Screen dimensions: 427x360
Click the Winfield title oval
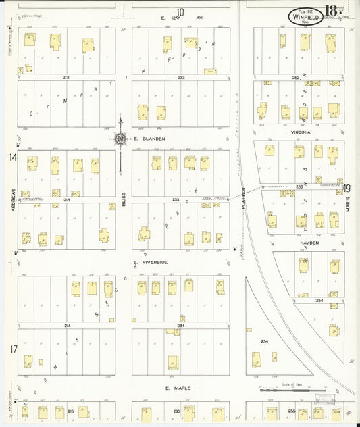305,16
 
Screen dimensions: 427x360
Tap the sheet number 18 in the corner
332,11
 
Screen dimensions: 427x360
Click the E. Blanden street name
145,139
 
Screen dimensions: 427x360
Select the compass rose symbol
120,139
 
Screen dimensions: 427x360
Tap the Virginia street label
301,132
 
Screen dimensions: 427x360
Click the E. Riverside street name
150,262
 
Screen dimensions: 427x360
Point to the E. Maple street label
178,388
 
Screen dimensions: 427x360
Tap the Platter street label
243,197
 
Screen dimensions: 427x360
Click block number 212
66,78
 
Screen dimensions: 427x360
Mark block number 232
181,78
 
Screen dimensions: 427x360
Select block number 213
66,200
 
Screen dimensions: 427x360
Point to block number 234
181,326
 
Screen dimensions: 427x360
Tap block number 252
296,78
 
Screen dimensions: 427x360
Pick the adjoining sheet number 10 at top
180,11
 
